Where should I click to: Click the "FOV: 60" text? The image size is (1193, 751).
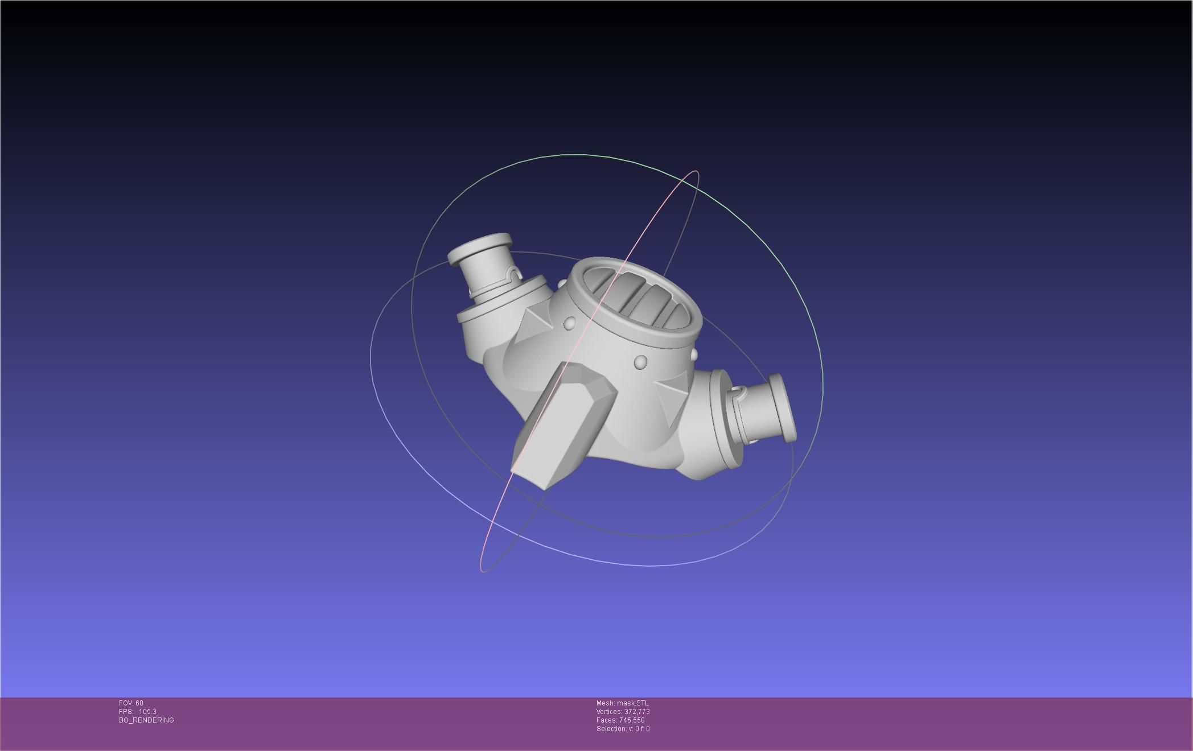[131, 703]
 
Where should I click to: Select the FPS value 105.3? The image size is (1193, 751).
[147, 712]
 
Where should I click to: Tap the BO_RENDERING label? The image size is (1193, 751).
[146, 720]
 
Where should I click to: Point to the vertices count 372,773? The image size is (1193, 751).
[637, 712]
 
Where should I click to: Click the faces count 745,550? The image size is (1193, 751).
[632, 720]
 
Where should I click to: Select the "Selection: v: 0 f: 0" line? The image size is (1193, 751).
[623, 729]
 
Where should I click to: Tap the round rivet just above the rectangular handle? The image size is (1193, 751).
[640, 362]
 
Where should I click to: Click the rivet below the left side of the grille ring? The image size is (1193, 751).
[570, 324]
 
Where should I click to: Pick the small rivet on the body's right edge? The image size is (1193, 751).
[693, 354]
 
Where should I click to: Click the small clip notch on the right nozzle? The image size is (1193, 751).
[737, 391]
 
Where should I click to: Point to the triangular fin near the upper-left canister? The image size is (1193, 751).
[538, 319]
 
